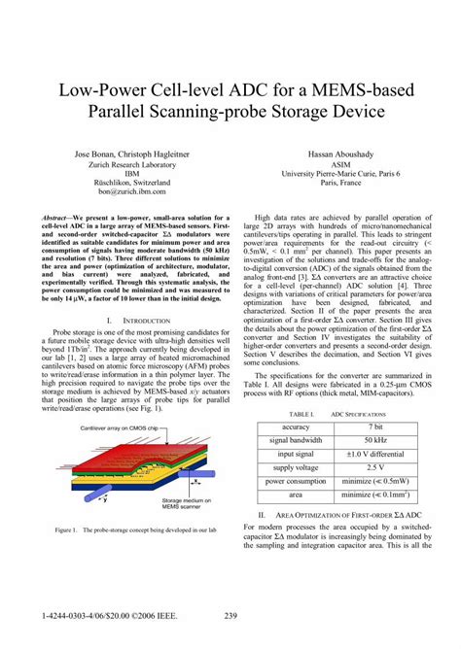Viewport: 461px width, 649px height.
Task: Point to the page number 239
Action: pos(230,615)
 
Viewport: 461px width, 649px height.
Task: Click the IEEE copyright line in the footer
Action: pos(102,615)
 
